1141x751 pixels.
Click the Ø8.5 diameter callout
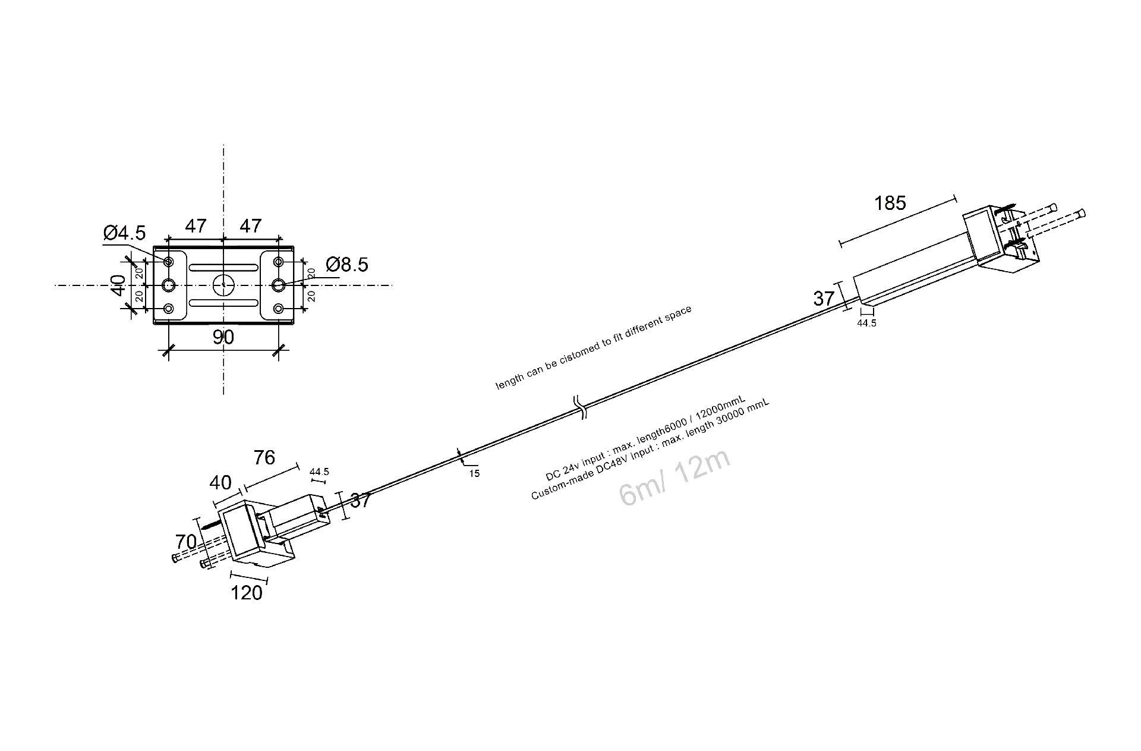coord(347,264)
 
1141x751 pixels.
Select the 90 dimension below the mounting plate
coord(223,337)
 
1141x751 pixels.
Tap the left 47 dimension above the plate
coord(196,226)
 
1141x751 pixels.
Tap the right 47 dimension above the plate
coord(251,226)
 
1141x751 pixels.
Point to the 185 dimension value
coord(890,203)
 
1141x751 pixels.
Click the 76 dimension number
coord(264,457)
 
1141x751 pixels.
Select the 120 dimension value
coord(246,593)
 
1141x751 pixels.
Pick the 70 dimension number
coord(185,542)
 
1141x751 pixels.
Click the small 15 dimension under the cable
coord(474,474)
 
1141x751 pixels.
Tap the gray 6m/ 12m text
coord(674,478)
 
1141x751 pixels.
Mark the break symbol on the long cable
coord(580,407)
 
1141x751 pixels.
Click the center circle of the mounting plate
coord(223,285)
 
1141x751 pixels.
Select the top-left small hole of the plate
coord(169,262)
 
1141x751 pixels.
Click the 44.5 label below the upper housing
coord(866,323)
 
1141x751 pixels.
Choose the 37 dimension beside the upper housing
coord(824,298)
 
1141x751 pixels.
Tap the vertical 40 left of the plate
coord(118,285)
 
